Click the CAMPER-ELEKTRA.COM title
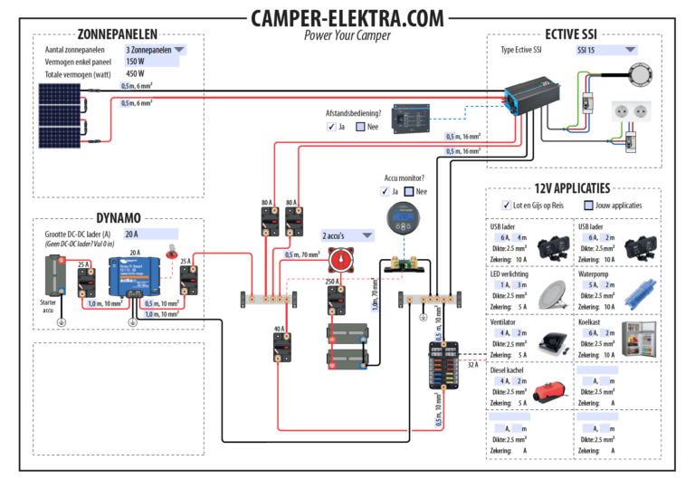click(x=347, y=18)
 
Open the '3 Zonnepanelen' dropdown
click(x=156, y=50)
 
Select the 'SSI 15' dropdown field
click(x=605, y=51)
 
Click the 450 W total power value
click(x=135, y=74)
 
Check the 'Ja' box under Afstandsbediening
click(x=331, y=128)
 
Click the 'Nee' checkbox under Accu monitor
click(x=410, y=192)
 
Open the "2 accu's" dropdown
click(x=347, y=235)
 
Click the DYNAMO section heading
click(x=118, y=217)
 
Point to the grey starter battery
click(x=53, y=276)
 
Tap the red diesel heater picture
click(x=553, y=392)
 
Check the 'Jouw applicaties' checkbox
click(x=589, y=206)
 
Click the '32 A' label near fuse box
click(x=473, y=364)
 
